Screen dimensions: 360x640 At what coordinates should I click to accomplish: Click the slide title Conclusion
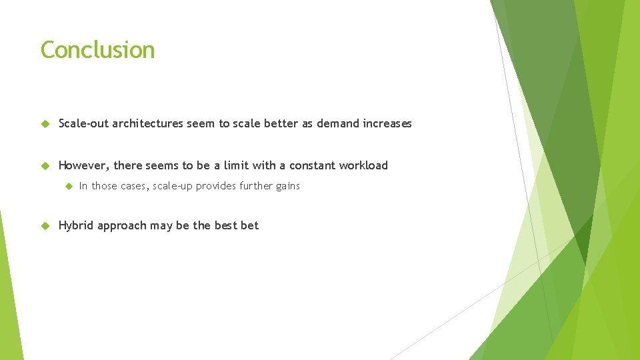(97, 50)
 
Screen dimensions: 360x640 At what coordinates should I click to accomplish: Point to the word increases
(388, 123)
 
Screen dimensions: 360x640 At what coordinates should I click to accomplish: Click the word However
(83, 165)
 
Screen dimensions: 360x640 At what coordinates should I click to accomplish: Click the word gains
(287, 186)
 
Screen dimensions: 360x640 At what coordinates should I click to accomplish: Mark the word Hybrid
(76, 225)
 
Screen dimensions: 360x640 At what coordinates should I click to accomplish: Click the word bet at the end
(249, 225)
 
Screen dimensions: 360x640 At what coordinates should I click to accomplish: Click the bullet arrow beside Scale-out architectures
(45, 124)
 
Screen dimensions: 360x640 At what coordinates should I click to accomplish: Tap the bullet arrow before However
(45, 166)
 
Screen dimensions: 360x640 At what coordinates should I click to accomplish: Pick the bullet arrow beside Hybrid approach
(45, 226)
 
